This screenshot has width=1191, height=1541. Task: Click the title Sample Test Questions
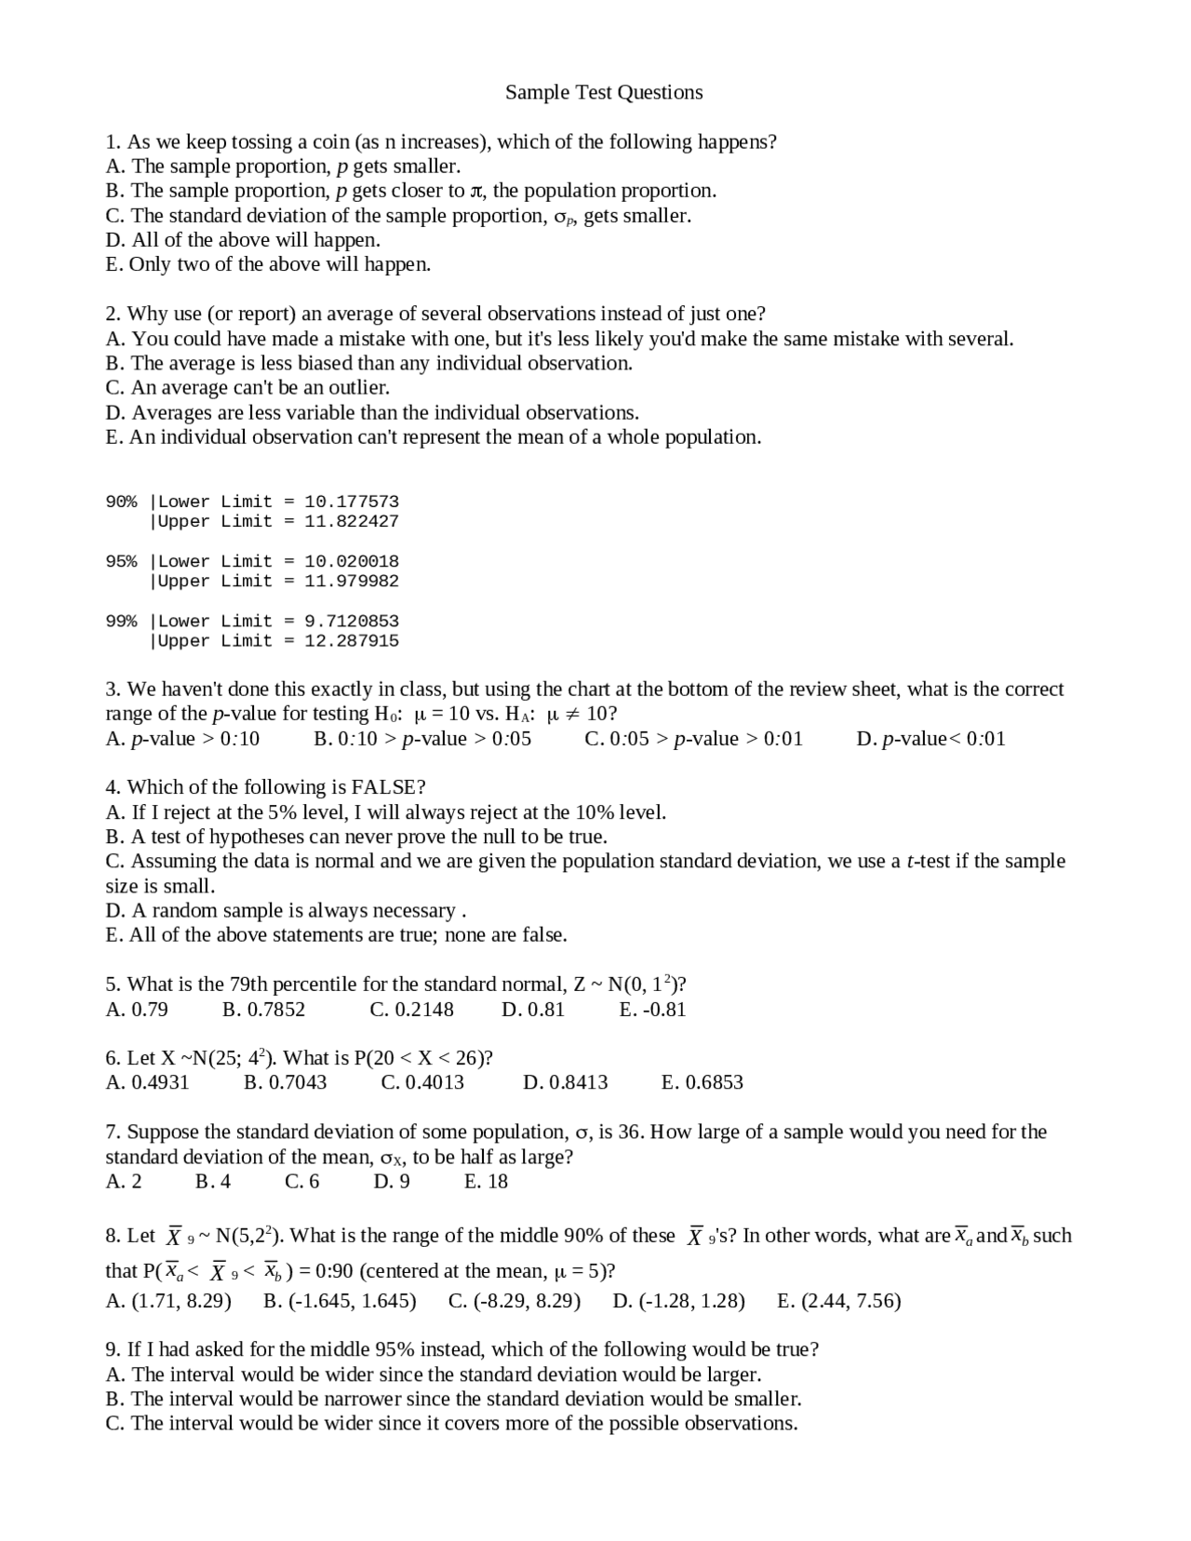point(604,92)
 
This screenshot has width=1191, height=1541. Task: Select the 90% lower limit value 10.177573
point(352,502)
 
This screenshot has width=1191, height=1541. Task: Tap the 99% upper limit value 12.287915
point(352,640)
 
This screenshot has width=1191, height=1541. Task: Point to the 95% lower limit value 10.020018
point(352,561)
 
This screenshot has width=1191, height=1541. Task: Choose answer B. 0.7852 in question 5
point(264,1010)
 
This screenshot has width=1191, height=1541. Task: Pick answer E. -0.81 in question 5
point(652,1010)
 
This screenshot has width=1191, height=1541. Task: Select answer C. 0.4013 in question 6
point(422,1082)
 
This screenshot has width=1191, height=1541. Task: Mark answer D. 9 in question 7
point(392,1182)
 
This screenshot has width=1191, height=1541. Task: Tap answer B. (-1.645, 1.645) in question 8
point(340,1301)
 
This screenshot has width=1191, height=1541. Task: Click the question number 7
point(113,1132)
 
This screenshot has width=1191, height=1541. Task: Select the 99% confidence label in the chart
point(121,621)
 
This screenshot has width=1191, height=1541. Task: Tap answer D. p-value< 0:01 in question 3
point(930,739)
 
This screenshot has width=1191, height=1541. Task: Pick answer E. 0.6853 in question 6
point(702,1082)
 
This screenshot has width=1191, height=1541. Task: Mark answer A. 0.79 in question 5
point(137,1010)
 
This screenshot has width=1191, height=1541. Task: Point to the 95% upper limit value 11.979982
point(352,581)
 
